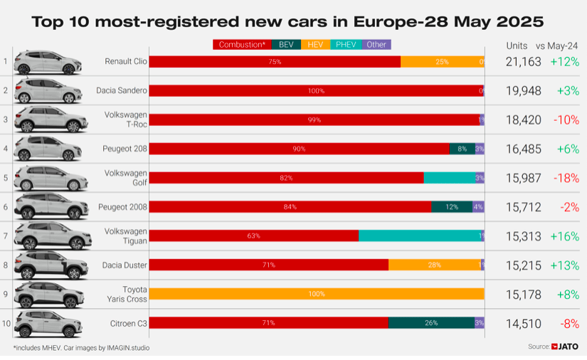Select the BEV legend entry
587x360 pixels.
pos(285,44)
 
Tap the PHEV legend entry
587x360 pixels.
pos(346,44)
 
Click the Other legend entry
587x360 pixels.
pos(376,44)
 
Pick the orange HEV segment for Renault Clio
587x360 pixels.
pos(441,62)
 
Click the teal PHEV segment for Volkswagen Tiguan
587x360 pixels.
pos(420,235)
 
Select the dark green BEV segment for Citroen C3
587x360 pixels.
pos(430,323)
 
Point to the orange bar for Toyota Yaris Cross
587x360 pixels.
pos(317,294)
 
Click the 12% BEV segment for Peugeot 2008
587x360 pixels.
pos(451,207)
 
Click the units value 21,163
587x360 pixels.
pos(524,62)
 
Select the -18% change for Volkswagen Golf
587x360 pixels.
pos(566,178)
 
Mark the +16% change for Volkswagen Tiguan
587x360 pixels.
pos(565,236)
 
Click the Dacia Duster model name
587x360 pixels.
pos(125,265)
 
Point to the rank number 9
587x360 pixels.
pos(6,294)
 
